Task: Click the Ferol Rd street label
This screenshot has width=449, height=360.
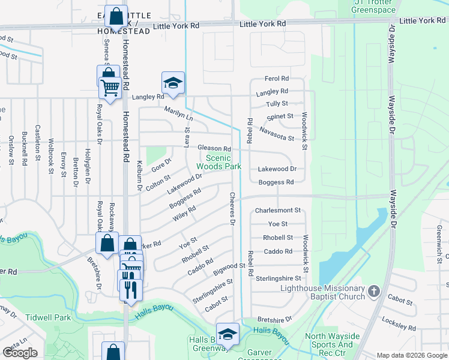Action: pos(277,79)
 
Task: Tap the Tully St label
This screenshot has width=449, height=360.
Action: pos(277,104)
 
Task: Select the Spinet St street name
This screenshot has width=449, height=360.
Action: pos(280,116)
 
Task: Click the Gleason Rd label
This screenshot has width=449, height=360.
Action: pos(214,148)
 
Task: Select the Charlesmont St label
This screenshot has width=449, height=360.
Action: pos(277,211)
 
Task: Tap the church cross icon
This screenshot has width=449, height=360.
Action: pos(374,292)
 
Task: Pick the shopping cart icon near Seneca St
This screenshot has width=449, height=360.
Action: pos(110,88)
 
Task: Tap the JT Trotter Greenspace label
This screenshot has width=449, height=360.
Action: pos(373,6)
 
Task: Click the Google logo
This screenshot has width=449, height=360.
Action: pos(20,352)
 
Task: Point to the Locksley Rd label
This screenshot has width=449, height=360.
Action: pos(399,322)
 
